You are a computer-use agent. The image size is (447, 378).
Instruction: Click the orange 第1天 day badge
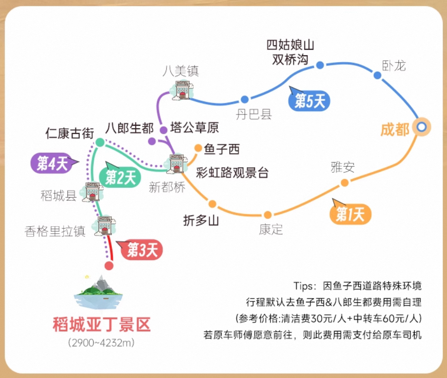click(x=350, y=215)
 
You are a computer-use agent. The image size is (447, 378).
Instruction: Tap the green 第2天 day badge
click(x=120, y=177)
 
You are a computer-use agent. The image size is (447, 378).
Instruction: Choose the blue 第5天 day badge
click(x=309, y=101)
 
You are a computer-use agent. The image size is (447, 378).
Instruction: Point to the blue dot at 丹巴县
click(x=244, y=100)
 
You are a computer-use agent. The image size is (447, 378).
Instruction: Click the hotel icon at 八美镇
click(x=182, y=90)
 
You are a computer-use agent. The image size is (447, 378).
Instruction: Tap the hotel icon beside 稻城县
click(x=92, y=192)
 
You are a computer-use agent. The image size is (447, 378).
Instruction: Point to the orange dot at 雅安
click(x=344, y=183)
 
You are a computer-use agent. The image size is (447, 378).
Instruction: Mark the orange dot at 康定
click(x=267, y=215)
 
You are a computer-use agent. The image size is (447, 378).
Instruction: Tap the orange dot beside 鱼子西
click(x=198, y=149)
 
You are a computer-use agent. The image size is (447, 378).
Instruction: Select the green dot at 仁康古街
click(x=100, y=142)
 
